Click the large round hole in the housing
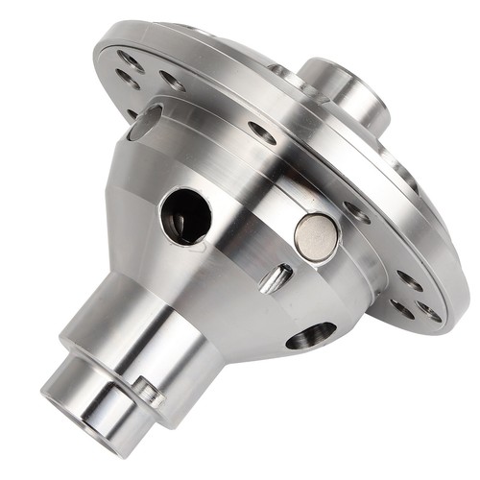coord(185,214)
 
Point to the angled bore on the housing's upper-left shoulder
coord(146,121)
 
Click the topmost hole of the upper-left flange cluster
coord(129,60)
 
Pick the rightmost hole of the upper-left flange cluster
coord(171,80)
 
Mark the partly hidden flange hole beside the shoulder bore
coord(132,113)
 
